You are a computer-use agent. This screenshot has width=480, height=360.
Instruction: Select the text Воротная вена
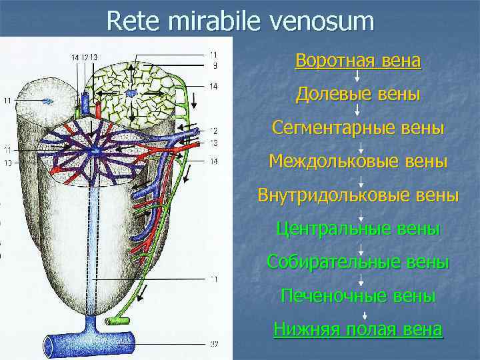[x=358, y=61]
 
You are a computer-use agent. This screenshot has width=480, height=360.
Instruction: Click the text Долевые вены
[x=358, y=95]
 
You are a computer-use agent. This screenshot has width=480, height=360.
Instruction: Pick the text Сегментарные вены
[x=358, y=127]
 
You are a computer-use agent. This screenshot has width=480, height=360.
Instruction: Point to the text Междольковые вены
[x=358, y=161]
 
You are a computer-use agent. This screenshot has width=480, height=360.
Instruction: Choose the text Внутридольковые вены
[x=358, y=195]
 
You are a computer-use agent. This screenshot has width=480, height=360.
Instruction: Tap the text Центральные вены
[x=358, y=229]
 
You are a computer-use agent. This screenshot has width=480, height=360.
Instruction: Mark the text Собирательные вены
[x=358, y=261]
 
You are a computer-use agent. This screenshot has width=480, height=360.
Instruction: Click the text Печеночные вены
[x=358, y=295]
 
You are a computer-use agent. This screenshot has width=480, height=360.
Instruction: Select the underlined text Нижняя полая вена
[x=358, y=329]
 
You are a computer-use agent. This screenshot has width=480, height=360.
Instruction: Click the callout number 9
[x=213, y=66]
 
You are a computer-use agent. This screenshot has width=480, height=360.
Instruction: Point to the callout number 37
[x=213, y=345]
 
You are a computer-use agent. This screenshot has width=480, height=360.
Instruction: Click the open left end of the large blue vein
[x=50, y=345]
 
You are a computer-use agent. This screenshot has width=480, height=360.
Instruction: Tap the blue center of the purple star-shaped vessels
[x=98, y=152]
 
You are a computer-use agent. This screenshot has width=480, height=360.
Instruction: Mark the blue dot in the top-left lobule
[x=47, y=101]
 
